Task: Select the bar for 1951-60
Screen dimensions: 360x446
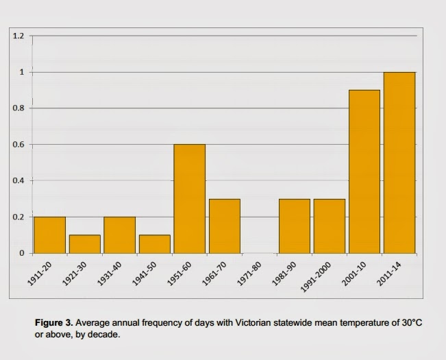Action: (x=189, y=199)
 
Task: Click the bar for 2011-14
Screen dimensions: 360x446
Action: (x=399, y=163)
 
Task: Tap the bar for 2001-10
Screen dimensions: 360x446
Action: (x=364, y=171)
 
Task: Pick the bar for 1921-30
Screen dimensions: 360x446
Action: (x=84, y=244)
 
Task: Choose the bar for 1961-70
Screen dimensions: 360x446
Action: (x=224, y=226)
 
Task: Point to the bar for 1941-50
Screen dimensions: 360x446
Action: (x=154, y=244)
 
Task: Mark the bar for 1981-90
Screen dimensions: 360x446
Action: (x=294, y=226)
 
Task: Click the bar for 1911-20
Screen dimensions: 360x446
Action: (x=49, y=235)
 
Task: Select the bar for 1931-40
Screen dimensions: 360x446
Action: (x=119, y=235)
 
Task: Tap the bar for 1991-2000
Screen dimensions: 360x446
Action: (x=329, y=226)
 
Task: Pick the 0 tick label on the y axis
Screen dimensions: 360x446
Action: (x=21, y=254)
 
